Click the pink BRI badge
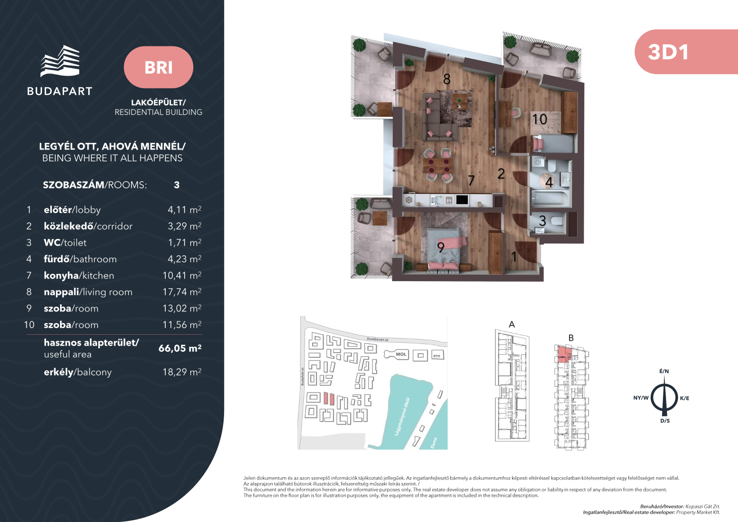click(x=158, y=67)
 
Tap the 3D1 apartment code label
click(x=668, y=52)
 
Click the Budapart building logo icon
click(x=60, y=61)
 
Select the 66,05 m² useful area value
click(x=180, y=348)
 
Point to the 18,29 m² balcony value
click(x=182, y=372)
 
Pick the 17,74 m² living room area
click(x=182, y=292)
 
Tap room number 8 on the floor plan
click(x=446, y=79)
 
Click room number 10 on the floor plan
click(x=540, y=119)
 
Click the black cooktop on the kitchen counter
click(x=462, y=200)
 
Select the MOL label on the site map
click(x=401, y=354)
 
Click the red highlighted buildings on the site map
click(x=329, y=398)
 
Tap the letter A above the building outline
click(x=512, y=324)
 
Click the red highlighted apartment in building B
click(x=564, y=354)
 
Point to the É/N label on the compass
click(x=664, y=371)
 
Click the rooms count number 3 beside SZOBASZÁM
click(x=177, y=185)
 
